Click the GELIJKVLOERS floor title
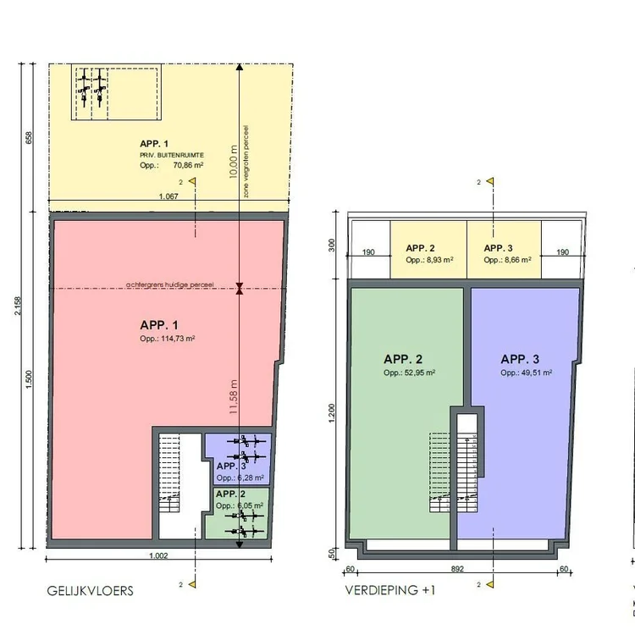pos(91,591)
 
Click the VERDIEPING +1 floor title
pos(390,591)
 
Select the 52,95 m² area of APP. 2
pos(410,373)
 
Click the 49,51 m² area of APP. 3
pos(526,373)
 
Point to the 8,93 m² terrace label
pos(429,260)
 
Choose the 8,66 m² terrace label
pos(506,260)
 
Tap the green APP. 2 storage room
pos(238,512)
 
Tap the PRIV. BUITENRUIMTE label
pos(171,156)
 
